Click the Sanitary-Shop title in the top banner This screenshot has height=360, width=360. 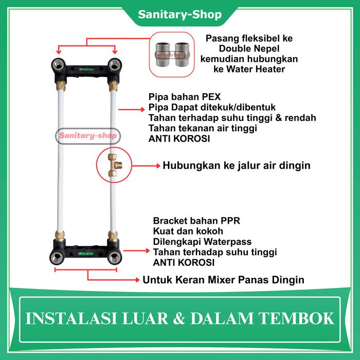tap(179, 14)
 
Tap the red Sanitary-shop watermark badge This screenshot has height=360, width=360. tap(87, 137)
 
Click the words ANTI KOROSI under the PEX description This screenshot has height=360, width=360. tap(179, 138)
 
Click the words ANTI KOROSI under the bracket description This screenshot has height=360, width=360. tap(184, 263)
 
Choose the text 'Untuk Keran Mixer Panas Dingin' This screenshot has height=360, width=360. tap(223, 280)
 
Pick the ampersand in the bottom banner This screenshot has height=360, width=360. tap(178, 318)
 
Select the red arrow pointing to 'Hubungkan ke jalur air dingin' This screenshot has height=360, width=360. tap(144, 166)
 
